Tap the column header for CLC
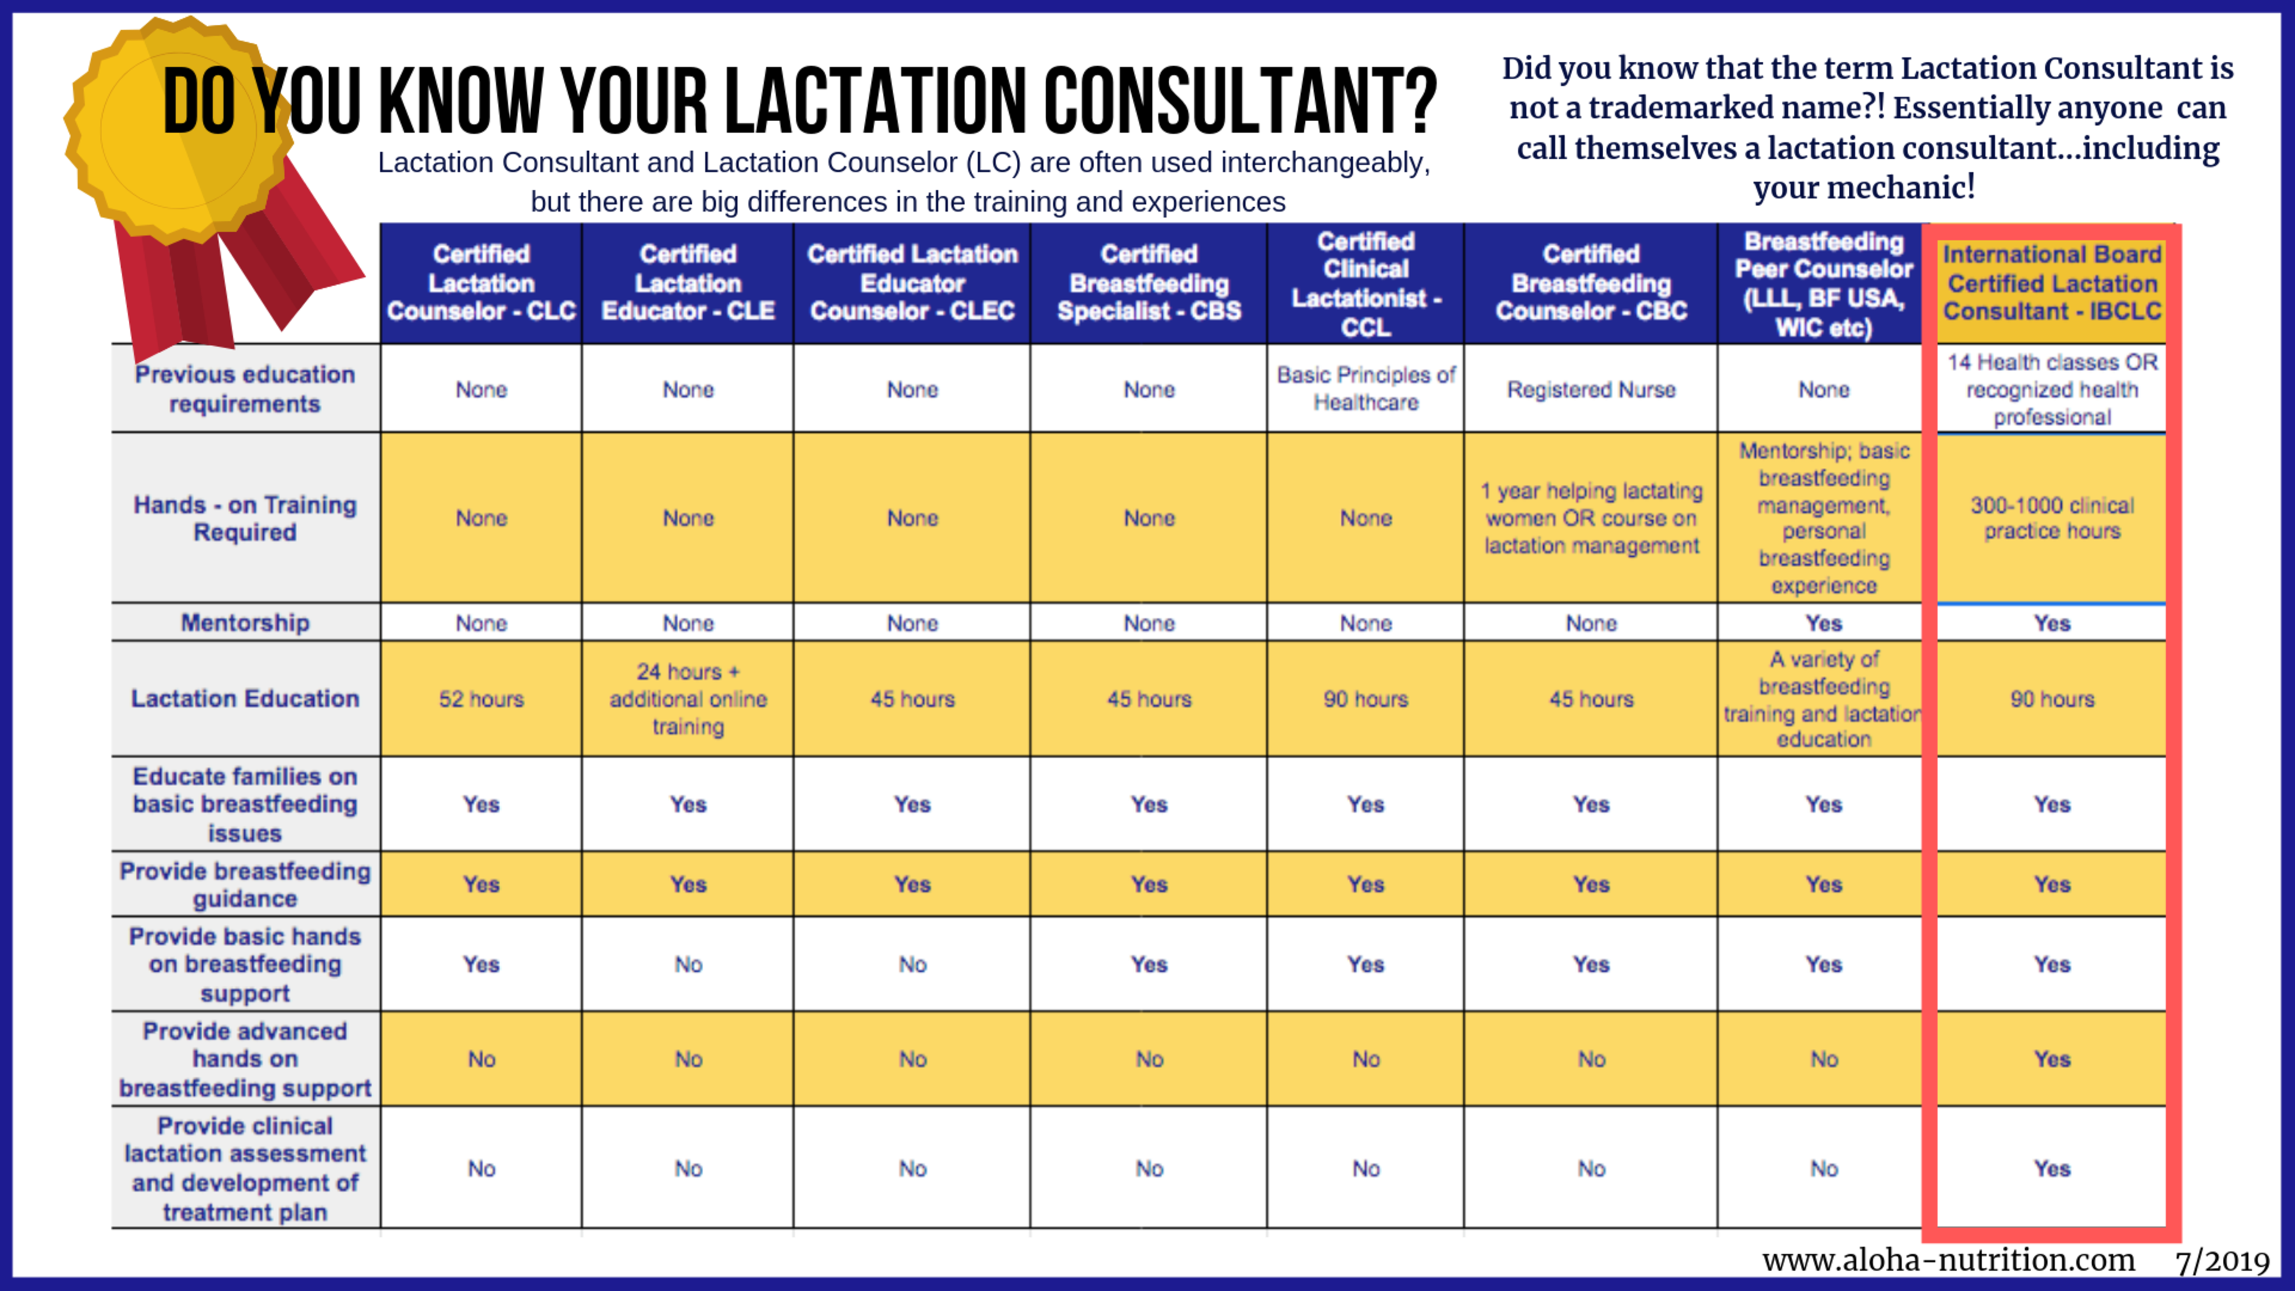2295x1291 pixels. pyautogui.click(x=481, y=283)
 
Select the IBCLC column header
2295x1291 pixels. pyautogui.click(x=2051, y=283)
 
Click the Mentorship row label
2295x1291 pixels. pyautogui.click(x=245, y=623)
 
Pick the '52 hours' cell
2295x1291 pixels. pyautogui.click(x=481, y=699)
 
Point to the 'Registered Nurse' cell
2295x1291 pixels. pyautogui.click(x=1591, y=390)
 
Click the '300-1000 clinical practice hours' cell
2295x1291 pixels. pyautogui.click(x=2051, y=518)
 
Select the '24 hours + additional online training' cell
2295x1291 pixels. pyautogui.click(x=688, y=699)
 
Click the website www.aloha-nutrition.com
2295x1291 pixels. pyautogui.click(x=1948, y=1260)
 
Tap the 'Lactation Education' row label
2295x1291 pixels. pyautogui.click(x=245, y=699)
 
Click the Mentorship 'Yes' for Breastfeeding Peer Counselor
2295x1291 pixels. pyautogui.click(x=1824, y=623)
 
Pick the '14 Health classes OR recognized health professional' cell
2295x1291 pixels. pyautogui.click(x=2051, y=390)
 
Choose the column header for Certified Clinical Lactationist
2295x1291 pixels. pyautogui.click(x=1366, y=283)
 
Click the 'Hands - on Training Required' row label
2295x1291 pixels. pyautogui.click(x=245, y=518)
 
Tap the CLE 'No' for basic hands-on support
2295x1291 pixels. pyautogui.click(x=688, y=964)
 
